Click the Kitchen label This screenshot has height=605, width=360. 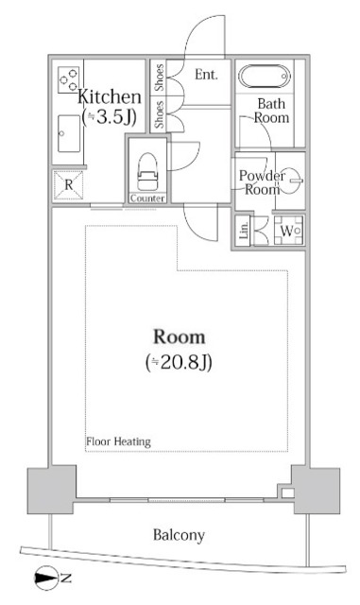110,95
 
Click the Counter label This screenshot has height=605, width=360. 147,199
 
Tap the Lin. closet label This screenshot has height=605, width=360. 244,233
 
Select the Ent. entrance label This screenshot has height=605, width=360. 207,73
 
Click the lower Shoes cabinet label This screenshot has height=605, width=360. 159,114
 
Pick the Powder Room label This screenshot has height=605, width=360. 262,181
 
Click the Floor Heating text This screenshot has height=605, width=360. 118,441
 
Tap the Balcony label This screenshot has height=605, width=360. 179,535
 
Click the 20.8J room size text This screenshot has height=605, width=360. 179,362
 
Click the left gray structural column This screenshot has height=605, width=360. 47,491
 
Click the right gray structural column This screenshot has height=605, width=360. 314,491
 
